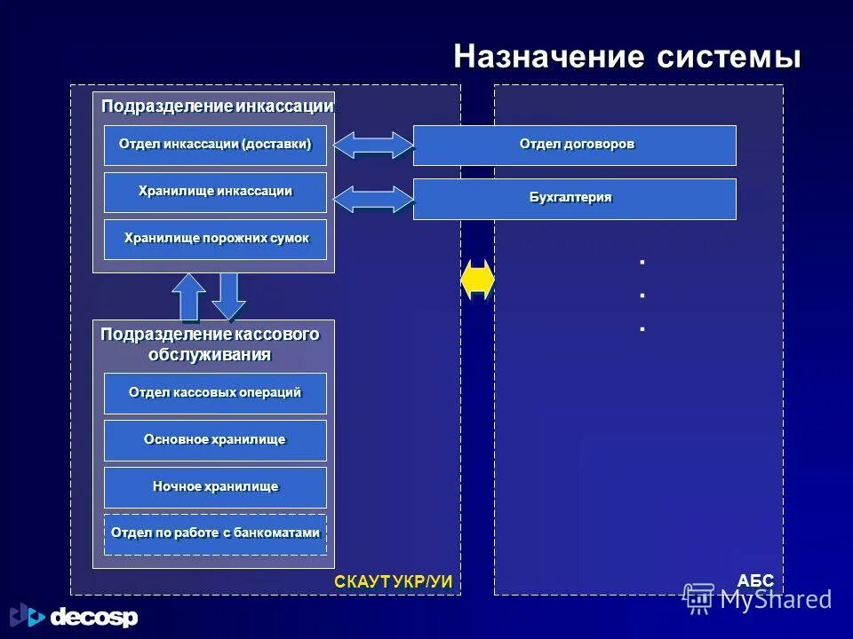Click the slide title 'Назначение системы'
[x=627, y=58]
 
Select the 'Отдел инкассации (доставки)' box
[x=215, y=146]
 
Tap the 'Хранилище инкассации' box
[x=215, y=193]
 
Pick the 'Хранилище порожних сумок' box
[x=215, y=240]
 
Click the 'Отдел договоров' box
[x=575, y=146]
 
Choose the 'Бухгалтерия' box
[x=575, y=199]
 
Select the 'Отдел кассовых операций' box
[x=215, y=393]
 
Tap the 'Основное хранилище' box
[x=215, y=440]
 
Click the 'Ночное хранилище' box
[x=215, y=487]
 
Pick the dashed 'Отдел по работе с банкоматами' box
[x=215, y=534]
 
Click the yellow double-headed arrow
[x=477, y=280]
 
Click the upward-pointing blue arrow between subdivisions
[x=189, y=296]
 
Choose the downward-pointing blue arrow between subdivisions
[x=229, y=296]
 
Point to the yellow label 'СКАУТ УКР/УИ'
[x=394, y=581]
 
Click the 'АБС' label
[x=755, y=581]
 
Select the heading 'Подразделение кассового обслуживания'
[x=210, y=344]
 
